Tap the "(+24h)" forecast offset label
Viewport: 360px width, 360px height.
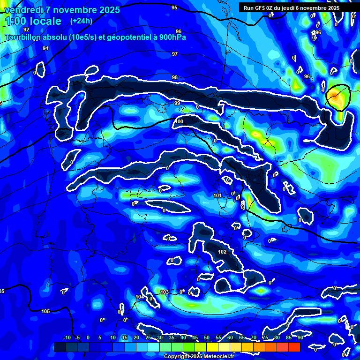tap(81, 21)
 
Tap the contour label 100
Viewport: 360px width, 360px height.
tap(179, 121)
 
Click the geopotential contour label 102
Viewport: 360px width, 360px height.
tap(222, 252)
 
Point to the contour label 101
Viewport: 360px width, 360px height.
tap(217, 195)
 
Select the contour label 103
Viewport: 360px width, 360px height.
tap(164, 292)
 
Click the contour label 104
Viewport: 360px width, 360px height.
tap(140, 297)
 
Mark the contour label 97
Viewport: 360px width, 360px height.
tap(175, 54)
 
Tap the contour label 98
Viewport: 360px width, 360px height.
tap(175, 77)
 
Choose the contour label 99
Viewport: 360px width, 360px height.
tap(177, 103)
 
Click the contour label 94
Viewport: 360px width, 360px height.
tap(45, 48)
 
